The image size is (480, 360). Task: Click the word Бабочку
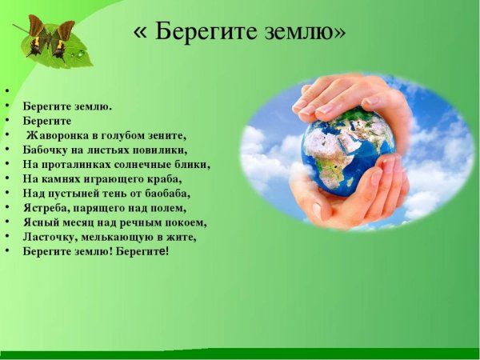click(47, 150)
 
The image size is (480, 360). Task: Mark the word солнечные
click(146, 164)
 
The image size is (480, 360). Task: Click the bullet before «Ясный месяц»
click(6, 222)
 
